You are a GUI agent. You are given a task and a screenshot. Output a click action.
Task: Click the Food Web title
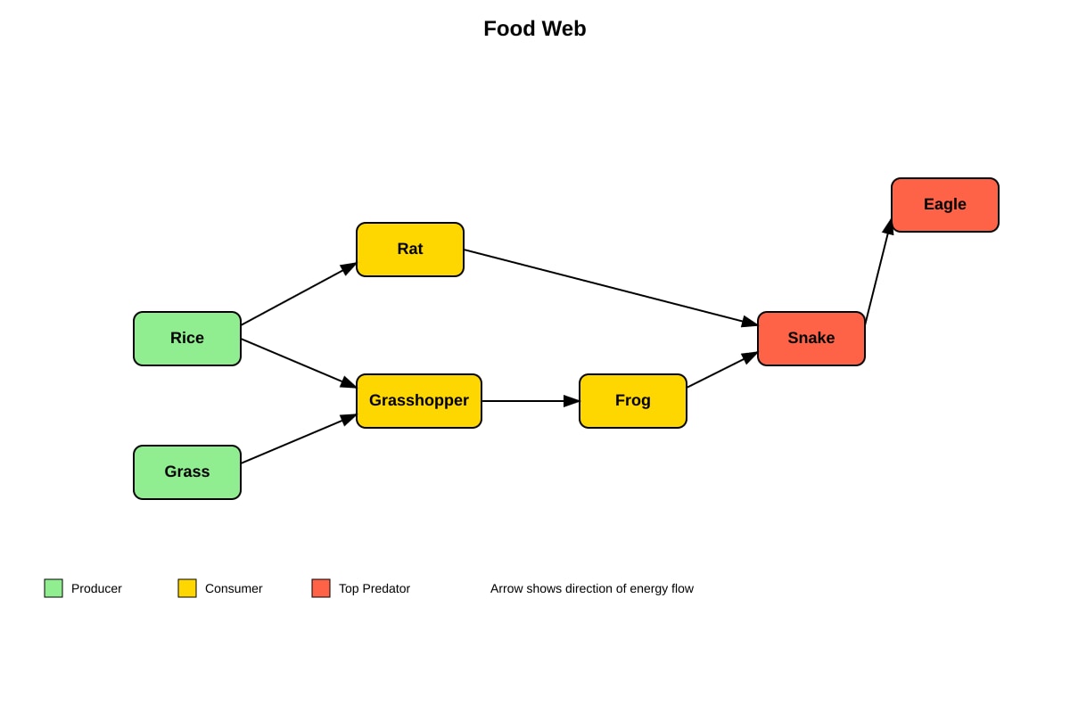pos(534,29)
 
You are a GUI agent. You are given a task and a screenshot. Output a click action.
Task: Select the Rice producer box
pos(187,339)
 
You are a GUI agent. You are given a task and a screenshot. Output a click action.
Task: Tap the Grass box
pos(187,472)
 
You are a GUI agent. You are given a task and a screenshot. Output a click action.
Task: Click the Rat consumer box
pos(410,250)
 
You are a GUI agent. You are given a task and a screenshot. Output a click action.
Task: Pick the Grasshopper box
pos(419,401)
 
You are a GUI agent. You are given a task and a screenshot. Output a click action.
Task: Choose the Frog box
pos(633,401)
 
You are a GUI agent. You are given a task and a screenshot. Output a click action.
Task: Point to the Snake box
pos(811,339)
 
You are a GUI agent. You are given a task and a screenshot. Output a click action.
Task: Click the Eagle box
pos(945,205)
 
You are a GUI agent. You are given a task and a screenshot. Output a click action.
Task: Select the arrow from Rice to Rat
pos(299,294)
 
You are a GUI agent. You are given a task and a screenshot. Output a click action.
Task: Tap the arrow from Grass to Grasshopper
pos(299,438)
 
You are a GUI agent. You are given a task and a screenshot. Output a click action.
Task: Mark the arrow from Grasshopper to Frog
pos(531,401)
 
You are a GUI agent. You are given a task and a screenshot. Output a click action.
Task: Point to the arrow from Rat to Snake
pos(611,288)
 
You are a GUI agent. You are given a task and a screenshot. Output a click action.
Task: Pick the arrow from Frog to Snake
pos(722,370)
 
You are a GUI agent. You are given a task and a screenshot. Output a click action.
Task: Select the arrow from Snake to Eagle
pos(878,272)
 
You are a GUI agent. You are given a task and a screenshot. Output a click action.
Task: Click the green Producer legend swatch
pos(53,588)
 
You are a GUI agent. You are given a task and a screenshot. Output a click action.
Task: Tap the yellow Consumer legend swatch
pos(187,588)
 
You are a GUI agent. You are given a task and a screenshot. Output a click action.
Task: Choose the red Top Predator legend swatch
pos(321,588)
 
